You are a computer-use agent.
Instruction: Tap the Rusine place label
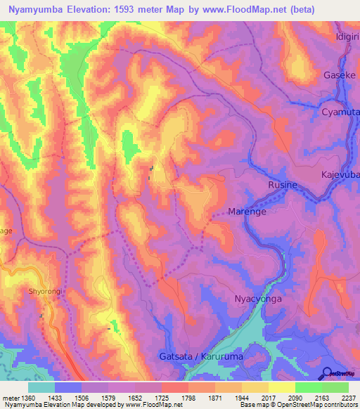(x=282, y=185)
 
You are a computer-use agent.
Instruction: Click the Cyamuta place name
(x=340, y=112)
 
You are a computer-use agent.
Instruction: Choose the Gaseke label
(x=340, y=74)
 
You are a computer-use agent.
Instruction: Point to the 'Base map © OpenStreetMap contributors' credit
(x=297, y=405)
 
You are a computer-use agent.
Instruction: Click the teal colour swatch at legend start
(x=41, y=387)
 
